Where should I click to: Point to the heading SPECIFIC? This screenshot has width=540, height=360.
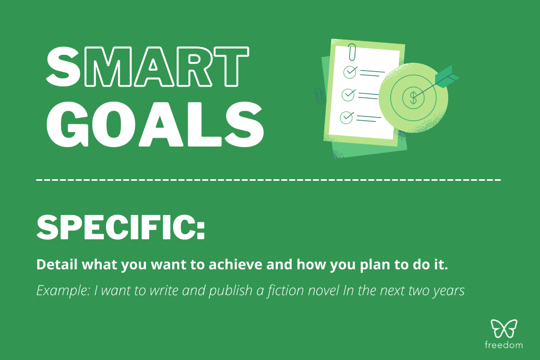click(120, 228)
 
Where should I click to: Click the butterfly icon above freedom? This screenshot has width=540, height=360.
click(504, 328)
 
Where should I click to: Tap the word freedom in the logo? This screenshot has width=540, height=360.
click(504, 346)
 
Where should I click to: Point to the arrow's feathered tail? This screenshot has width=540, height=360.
click(447, 76)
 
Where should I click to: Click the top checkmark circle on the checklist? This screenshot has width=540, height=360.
click(350, 71)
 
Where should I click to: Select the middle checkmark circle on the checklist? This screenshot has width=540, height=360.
click(349, 94)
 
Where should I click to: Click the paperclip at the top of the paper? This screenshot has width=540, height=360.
click(352, 53)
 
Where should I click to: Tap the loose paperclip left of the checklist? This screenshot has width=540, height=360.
click(319, 95)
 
